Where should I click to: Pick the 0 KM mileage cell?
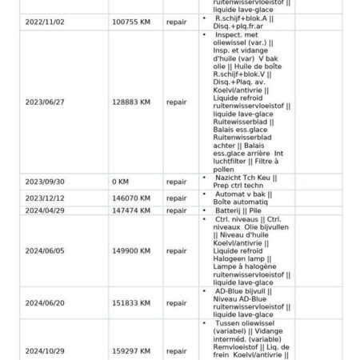coord(122,182)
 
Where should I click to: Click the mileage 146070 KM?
coord(133,198)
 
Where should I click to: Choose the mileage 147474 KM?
coord(133,210)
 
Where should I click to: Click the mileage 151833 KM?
coord(133,303)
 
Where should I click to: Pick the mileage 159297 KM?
coord(133,350)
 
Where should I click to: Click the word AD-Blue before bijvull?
coord(230,292)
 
